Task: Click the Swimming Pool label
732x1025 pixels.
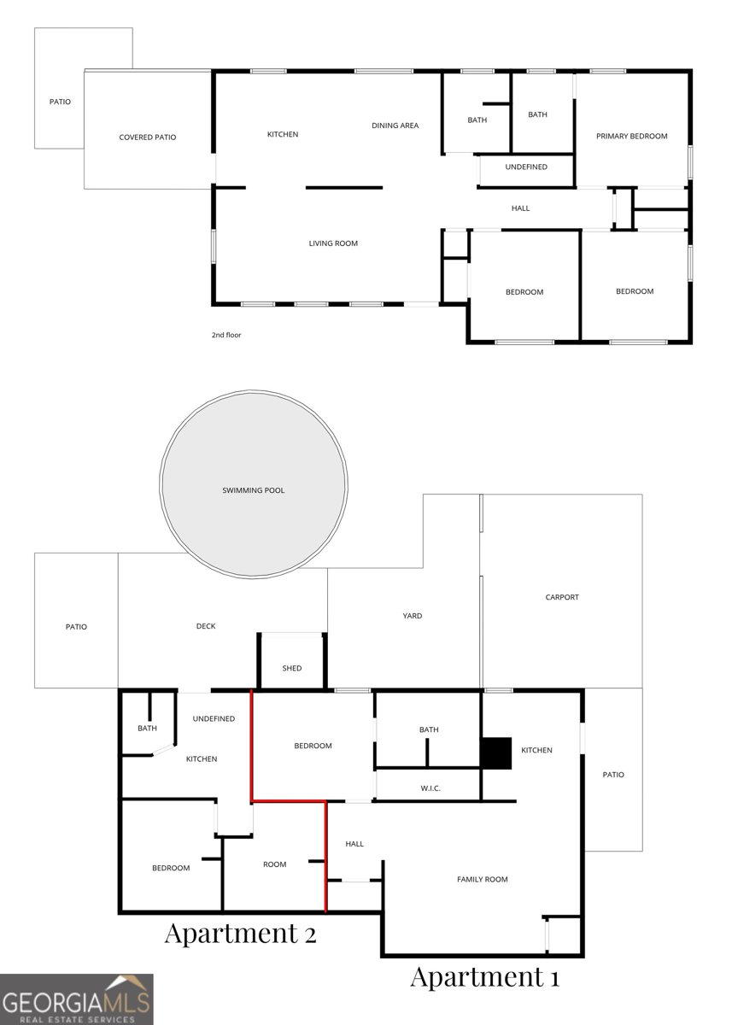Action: pos(253,490)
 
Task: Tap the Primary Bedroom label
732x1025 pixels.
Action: pos(631,136)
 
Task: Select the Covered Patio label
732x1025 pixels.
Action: pos(147,137)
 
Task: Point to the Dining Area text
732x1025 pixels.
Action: pos(395,126)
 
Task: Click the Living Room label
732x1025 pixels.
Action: pos(333,243)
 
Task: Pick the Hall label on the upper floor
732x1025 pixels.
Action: pos(520,208)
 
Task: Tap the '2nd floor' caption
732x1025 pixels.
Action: pos(226,335)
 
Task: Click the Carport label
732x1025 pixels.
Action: pos(562,597)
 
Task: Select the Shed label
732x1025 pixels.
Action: pos(292,668)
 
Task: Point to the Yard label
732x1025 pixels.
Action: pos(413,616)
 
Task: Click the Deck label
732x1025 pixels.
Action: pos(205,626)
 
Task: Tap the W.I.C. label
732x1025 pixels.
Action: pos(430,788)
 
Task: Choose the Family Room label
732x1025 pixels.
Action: pos(483,879)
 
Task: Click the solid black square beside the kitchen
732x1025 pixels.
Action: pos(495,753)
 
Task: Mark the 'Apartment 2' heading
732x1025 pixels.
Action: pos(240,933)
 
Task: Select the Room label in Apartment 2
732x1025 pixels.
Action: pos(274,864)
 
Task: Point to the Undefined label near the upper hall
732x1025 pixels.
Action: pos(526,167)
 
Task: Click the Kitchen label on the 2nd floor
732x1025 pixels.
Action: pos(283,134)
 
